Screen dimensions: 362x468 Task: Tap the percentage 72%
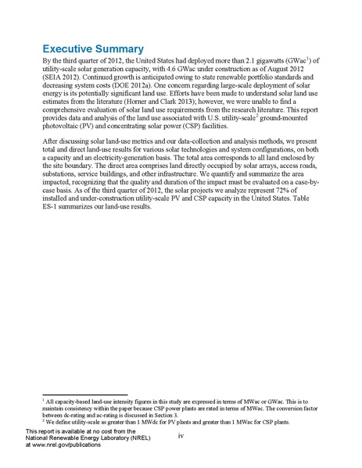pos(287,198)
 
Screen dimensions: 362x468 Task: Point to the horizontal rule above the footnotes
pos(84,395)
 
